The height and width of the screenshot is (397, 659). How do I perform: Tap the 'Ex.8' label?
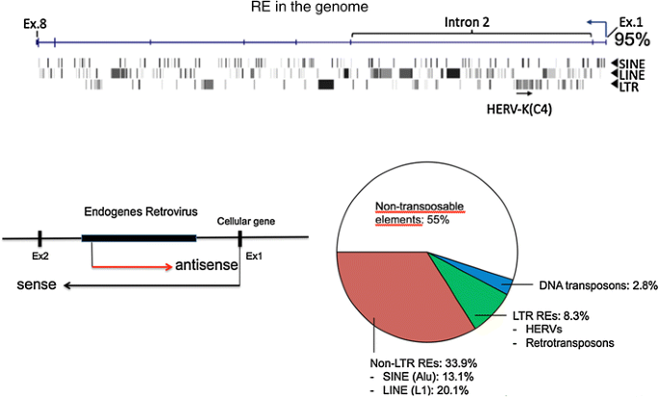(37, 21)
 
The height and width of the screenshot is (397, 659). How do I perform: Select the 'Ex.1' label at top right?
(630, 21)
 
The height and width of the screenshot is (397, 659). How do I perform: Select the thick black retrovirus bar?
(139, 236)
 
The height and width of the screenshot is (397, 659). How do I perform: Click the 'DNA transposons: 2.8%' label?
(584, 285)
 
